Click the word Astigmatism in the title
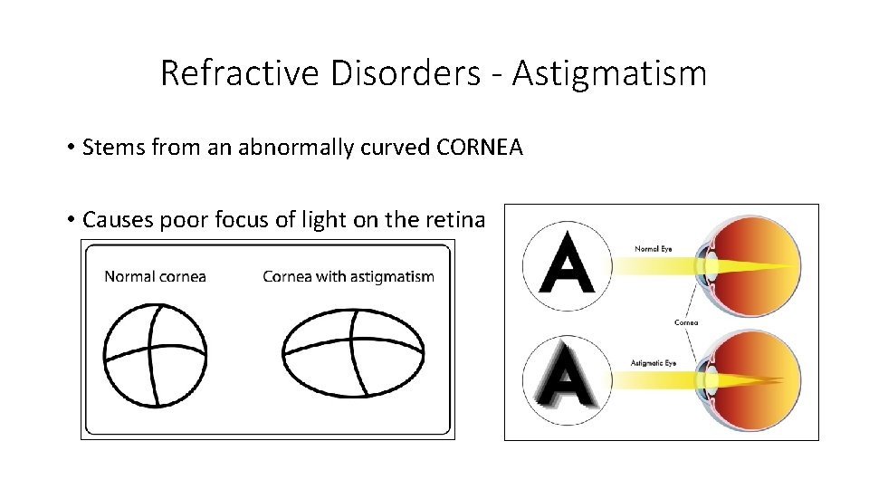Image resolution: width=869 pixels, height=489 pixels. point(608,73)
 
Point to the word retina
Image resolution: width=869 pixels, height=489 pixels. point(463,219)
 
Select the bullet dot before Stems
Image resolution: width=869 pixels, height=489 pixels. point(71,148)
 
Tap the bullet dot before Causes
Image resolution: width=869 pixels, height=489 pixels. point(71,219)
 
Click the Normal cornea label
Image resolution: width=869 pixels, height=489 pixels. point(156,276)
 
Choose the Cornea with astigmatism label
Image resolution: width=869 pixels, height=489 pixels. point(349,276)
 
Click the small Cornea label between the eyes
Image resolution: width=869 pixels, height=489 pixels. point(686,321)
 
